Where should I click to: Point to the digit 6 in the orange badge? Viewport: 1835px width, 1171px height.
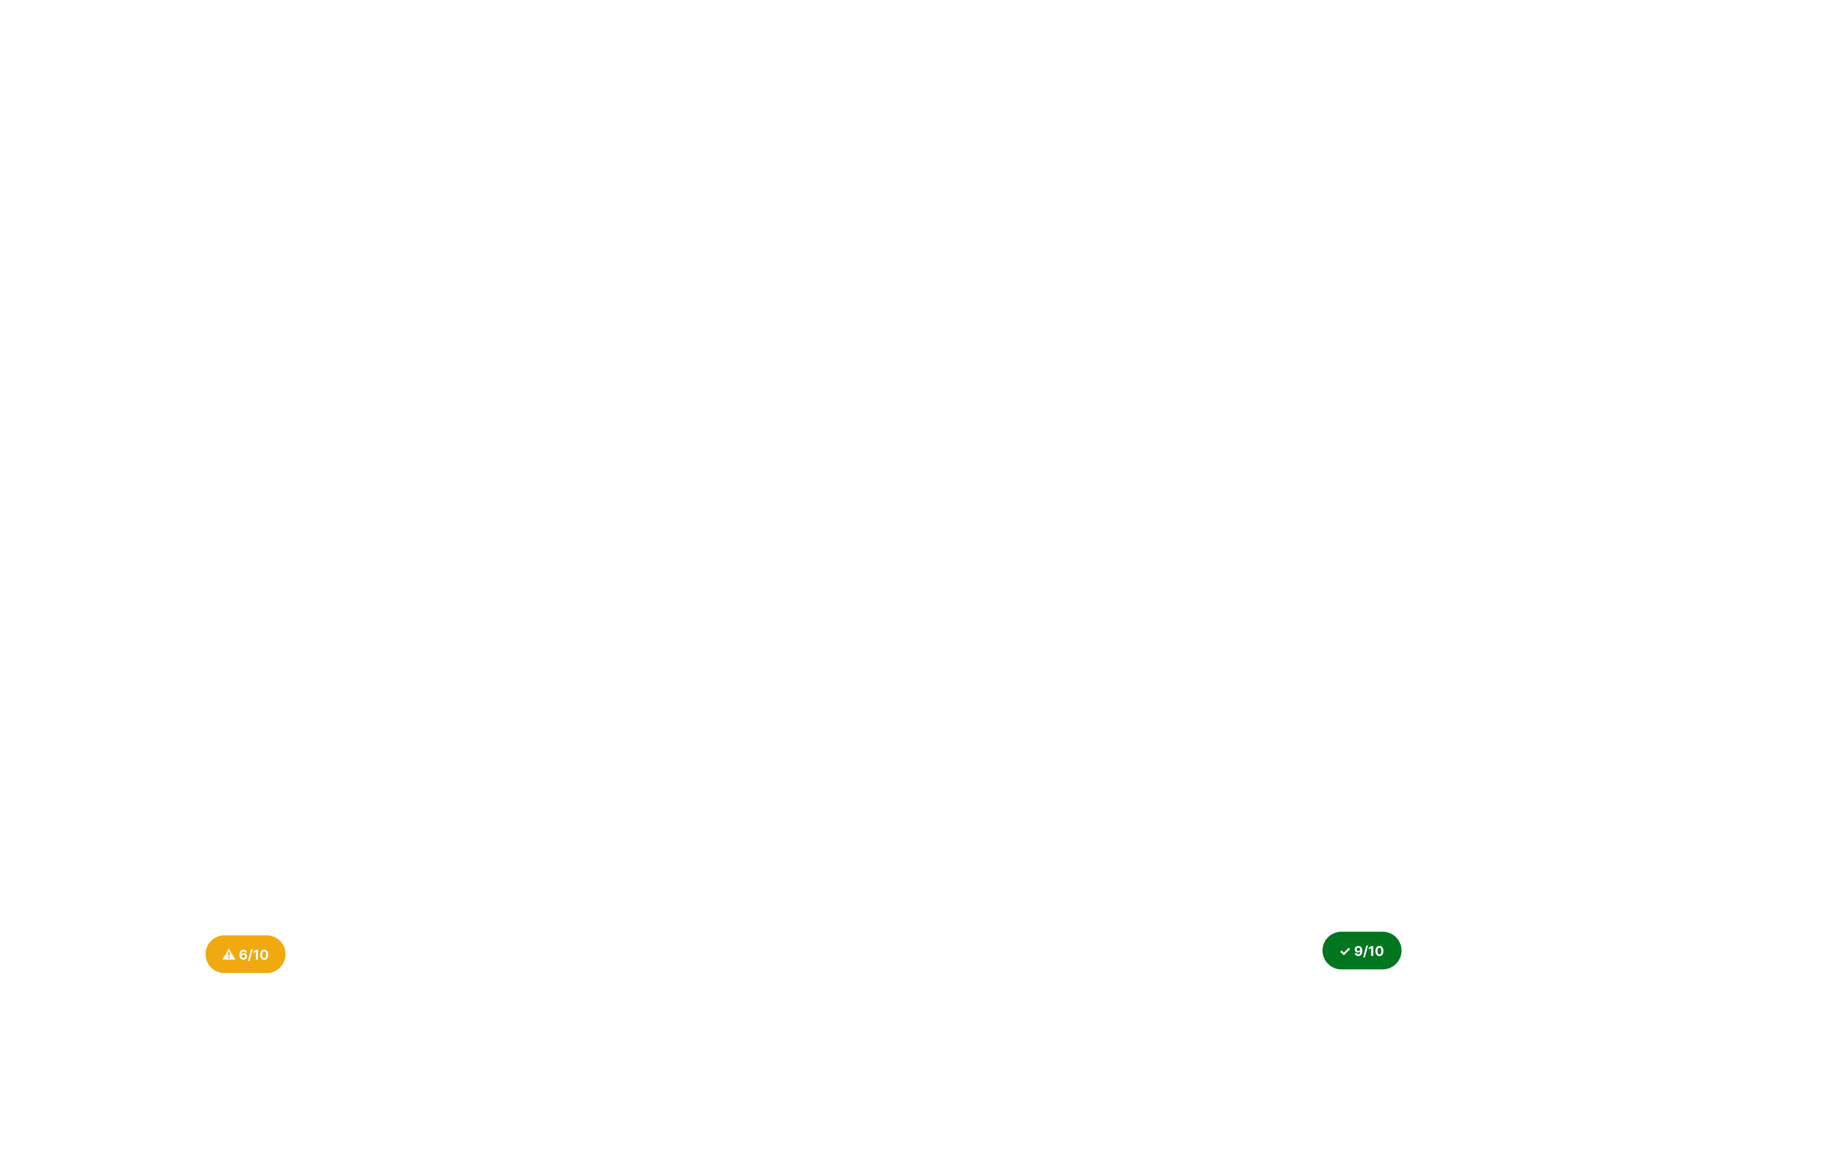pyautogui.click(x=243, y=955)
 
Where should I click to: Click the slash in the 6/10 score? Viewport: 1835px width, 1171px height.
pyautogui.click(x=250, y=955)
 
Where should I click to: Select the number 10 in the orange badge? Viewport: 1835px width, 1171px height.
pyautogui.click(x=260, y=955)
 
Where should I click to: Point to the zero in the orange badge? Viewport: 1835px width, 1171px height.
pyautogui.click(x=264, y=955)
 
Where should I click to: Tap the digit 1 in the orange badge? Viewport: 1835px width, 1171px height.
pyautogui.click(x=256, y=955)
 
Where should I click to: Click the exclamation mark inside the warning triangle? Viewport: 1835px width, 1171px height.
pyautogui.click(x=229, y=955)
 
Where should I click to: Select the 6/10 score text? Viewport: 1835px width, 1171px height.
pyautogui.click(x=254, y=955)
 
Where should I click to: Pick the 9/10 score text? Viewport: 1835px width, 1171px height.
pyautogui.click(x=1369, y=951)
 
